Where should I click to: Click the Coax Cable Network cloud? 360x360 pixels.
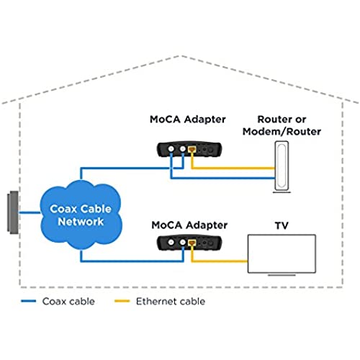tap(81, 215)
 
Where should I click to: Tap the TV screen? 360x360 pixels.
tap(282, 254)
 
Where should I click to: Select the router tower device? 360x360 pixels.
tap(282, 166)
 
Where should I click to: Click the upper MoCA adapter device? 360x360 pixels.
tap(189, 150)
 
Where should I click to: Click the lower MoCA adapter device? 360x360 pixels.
tap(189, 243)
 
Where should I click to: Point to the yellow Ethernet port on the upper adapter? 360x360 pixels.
tap(192, 150)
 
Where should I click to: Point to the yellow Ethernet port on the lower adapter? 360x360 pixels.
tap(192, 243)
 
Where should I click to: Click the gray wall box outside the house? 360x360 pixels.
tap(13, 212)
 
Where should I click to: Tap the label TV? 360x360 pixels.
tap(282, 225)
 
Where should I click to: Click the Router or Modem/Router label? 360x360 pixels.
tap(282, 125)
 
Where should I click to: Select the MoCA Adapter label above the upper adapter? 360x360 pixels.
tap(188, 120)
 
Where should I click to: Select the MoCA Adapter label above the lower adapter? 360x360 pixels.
tap(189, 225)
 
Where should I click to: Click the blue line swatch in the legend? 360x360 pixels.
tap(29, 301)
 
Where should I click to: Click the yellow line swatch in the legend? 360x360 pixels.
tap(122, 301)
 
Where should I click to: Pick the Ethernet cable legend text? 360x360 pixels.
tap(171, 302)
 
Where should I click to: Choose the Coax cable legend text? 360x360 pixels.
tap(68, 302)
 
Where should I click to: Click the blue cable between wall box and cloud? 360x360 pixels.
tap(30, 212)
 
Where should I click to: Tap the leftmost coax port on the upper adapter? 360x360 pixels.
tap(171, 149)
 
